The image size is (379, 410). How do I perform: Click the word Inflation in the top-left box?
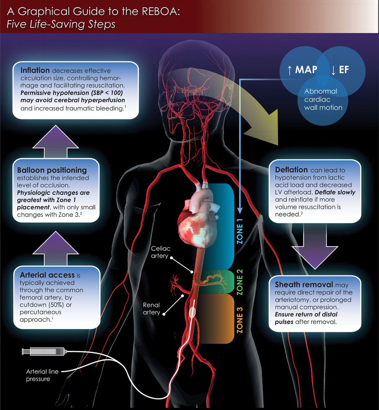(x=35, y=71)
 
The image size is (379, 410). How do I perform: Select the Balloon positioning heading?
(x=52, y=170)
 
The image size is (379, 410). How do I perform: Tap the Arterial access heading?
(x=47, y=275)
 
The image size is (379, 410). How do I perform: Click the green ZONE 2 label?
(x=240, y=282)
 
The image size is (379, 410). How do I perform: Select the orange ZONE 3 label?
(x=240, y=319)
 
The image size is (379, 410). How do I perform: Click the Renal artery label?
(x=151, y=309)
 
